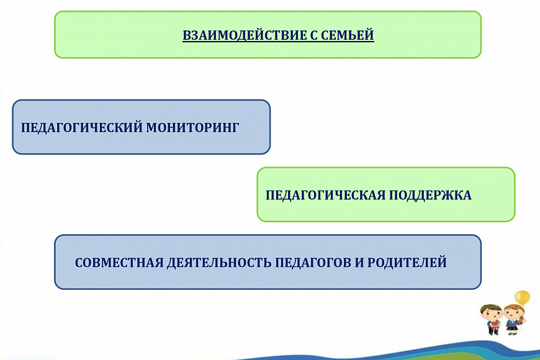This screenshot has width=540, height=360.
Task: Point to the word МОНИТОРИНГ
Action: [x=192, y=127]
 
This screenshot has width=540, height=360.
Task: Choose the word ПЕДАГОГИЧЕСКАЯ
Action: [x=325, y=196]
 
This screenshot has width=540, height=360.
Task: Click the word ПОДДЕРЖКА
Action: [x=431, y=196]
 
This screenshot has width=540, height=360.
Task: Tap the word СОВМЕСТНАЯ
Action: [x=119, y=263]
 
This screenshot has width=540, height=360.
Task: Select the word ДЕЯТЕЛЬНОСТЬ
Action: [x=219, y=263]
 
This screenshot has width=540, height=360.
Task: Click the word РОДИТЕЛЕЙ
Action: [x=407, y=263]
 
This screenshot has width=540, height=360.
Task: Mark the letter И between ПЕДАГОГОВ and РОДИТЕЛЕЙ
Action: [x=359, y=263]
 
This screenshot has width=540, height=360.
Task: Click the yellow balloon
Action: [x=522, y=297]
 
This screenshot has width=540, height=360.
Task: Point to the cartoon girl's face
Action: [x=513, y=314]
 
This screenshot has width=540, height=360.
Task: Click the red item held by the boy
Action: [x=495, y=323]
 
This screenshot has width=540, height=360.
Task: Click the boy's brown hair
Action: [x=490, y=307]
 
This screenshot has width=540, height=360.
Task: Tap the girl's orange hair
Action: [x=515, y=307]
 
